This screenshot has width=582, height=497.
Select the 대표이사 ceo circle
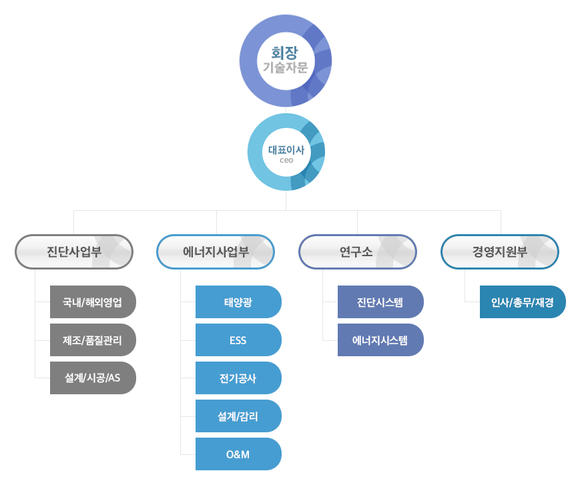coord(286,151)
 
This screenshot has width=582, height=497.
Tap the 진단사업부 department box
coord(74,252)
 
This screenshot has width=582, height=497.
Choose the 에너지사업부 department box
coord(216,252)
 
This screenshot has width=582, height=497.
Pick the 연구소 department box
coord(357,252)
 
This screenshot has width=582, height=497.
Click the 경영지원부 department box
coord(500,252)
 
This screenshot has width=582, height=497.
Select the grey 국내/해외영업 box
coord(93,302)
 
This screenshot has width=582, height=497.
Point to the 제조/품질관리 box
coord(93,340)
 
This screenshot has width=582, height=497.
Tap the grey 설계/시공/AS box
coord(93,378)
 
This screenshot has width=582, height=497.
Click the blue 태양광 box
coord(238,302)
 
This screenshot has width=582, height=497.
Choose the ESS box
coord(238,340)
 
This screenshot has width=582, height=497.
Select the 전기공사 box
coord(238,378)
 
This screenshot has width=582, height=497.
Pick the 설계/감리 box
coord(238,416)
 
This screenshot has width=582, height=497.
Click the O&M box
coord(238,454)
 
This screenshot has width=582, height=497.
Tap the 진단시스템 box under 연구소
coord(380,302)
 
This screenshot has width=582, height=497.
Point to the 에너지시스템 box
coord(380,340)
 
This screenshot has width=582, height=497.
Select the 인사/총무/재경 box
coord(523,302)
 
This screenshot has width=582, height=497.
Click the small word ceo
coord(286,161)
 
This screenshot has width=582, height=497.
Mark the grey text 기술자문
coord(285,67)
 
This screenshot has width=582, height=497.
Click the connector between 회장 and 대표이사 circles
coord(286,109)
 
